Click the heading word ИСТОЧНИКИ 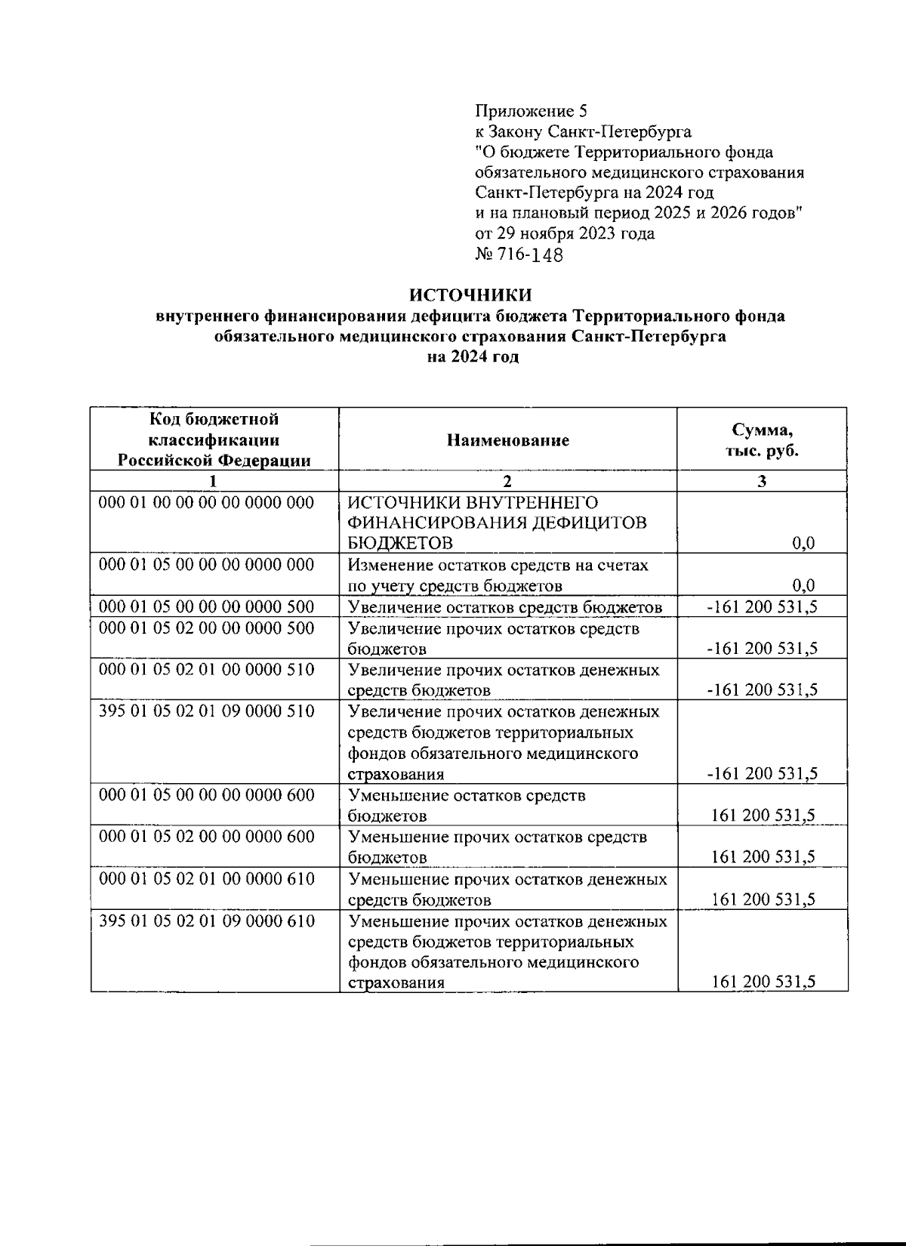tap(470, 295)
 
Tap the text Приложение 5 tap(530, 112)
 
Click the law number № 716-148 tap(519, 254)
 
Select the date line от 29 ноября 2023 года tap(565, 233)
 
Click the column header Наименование tap(507, 440)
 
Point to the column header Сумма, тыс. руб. tap(762, 440)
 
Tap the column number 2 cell tap(507, 481)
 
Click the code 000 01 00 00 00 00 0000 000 tap(207, 502)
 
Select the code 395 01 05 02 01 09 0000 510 tap(207, 711)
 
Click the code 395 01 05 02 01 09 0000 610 tap(207, 921)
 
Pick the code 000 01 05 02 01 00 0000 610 tap(207, 879)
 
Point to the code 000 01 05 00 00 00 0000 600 tap(207, 795)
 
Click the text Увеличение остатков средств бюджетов tap(505, 607)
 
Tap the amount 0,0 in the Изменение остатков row tap(804, 585)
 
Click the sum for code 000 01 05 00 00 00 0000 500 tap(762, 607)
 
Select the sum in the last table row tap(764, 982)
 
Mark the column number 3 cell tap(762, 481)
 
